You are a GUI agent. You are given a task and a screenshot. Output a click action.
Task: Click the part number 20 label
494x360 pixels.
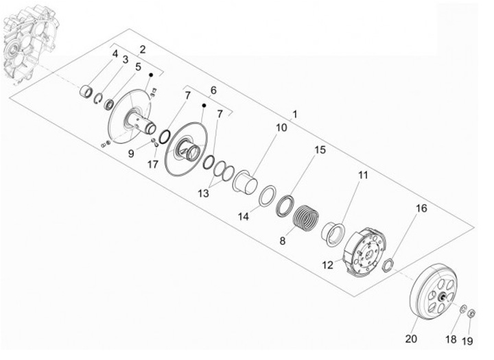pyautogui.click(x=411, y=337)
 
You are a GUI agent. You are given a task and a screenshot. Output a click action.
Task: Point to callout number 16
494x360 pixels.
pyautogui.click(x=422, y=208)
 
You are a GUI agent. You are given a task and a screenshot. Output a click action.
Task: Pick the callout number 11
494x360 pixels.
pyautogui.click(x=362, y=176)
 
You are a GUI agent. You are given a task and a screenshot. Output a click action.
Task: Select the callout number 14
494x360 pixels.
pyautogui.click(x=244, y=216)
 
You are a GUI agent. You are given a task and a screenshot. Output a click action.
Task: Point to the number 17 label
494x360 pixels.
pyautogui.click(x=152, y=165)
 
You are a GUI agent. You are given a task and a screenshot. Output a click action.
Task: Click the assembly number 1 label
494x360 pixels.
pyautogui.click(x=295, y=113)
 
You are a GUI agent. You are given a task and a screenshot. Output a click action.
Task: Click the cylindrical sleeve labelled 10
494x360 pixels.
pyautogui.click(x=247, y=184)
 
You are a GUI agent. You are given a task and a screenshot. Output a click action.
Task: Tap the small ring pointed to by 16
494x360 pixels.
pyautogui.click(x=388, y=263)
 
